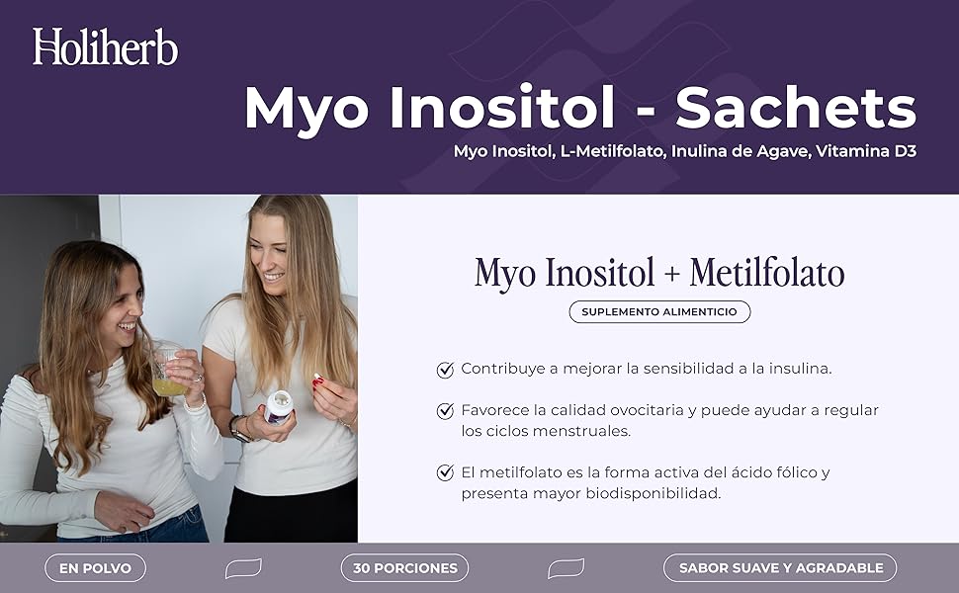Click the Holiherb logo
click(105, 46)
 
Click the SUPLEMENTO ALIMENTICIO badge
click(659, 311)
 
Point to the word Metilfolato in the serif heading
click(767, 273)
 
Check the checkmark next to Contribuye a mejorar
click(445, 370)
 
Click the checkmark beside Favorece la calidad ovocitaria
click(445, 410)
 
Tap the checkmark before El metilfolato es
click(445, 472)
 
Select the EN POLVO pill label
click(95, 568)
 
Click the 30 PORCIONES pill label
click(404, 568)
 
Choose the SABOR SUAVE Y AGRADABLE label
click(780, 568)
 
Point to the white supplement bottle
click(279, 405)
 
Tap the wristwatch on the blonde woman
click(237, 426)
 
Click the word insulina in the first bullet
click(795, 369)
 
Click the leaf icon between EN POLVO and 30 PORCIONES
click(243, 568)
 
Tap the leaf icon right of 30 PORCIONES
click(566, 568)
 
